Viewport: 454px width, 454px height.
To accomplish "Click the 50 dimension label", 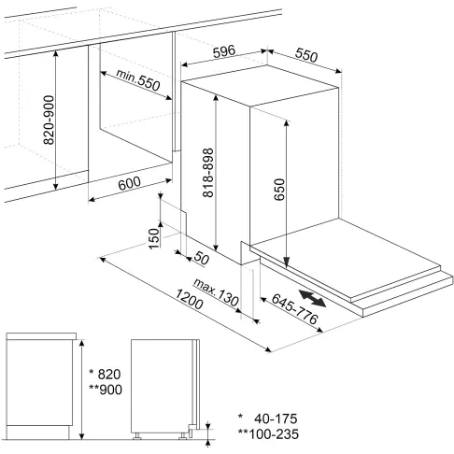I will click(x=199, y=256).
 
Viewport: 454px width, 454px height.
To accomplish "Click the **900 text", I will click(x=99, y=390).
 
